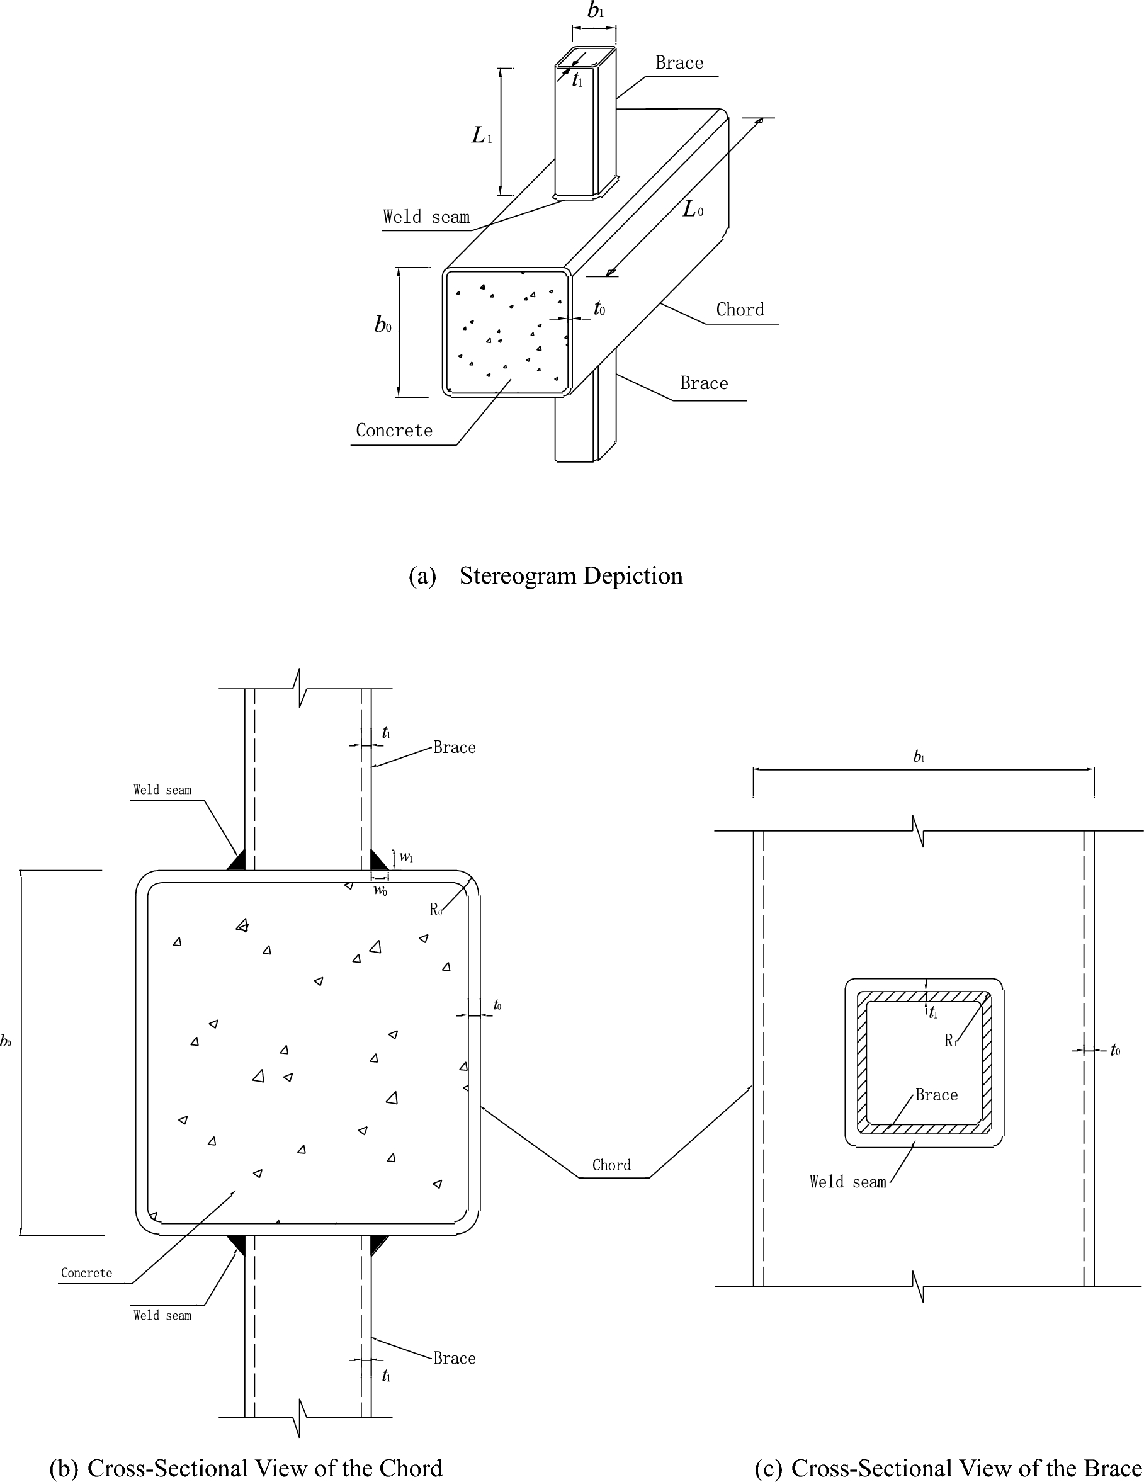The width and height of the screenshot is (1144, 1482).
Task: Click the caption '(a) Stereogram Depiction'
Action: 545,576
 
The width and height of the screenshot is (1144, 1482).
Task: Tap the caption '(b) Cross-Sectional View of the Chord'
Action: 246,1468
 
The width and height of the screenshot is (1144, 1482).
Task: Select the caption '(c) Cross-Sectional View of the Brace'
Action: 949,1468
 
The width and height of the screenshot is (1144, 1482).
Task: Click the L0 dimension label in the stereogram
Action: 692,210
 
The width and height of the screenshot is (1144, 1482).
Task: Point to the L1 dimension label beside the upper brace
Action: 481,136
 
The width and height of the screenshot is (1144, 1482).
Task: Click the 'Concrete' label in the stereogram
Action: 394,431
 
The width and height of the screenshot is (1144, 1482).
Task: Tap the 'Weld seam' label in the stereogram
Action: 426,217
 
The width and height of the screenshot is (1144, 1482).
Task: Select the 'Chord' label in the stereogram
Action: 740,310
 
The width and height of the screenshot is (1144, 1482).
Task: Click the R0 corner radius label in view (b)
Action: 436,910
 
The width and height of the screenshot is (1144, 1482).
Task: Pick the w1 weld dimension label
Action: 405,857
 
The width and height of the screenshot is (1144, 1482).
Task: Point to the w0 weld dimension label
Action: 380,890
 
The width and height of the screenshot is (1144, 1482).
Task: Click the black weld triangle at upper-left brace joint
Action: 237,861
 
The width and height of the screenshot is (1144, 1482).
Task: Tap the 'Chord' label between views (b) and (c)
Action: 611,1166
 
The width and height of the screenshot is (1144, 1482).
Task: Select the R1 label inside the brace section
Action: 951,1041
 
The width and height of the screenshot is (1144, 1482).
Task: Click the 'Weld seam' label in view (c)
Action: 847,1182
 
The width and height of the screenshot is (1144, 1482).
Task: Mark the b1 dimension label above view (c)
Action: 919,757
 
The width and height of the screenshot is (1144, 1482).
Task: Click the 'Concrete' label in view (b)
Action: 86,1273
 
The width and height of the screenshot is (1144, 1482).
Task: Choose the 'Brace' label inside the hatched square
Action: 936,1095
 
